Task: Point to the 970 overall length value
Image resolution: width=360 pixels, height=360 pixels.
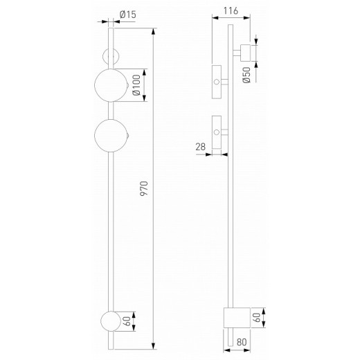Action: [143, 191]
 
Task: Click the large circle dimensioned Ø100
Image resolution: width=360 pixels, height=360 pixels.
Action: [111, 85]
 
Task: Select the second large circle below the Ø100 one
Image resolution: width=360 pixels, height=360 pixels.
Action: [111, 135]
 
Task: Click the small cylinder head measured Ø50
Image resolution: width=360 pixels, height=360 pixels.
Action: [246, 52]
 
